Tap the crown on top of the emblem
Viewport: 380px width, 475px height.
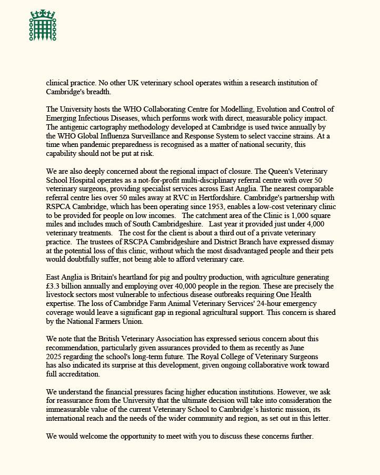[43, 13]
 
